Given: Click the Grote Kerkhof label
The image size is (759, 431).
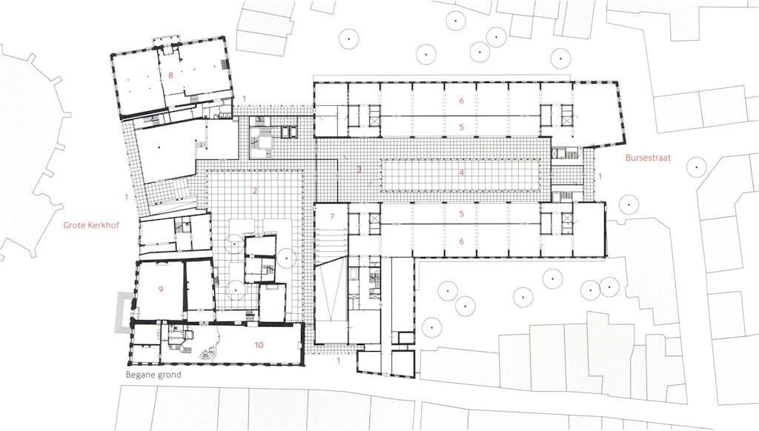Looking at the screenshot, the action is (91, 225).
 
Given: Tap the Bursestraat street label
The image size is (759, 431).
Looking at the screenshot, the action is (648, 158).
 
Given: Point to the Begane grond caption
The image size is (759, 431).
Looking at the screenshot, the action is (153, 375).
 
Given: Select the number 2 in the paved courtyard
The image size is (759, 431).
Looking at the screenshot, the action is (255, 191).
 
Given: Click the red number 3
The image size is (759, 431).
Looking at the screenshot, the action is (359, 170).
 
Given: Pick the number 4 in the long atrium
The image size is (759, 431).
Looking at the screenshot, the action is (462, 173).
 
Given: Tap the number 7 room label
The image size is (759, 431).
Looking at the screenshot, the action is (332, 216).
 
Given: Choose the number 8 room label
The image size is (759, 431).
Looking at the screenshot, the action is (170, 75).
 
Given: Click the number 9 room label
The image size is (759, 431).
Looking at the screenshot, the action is (161, 290).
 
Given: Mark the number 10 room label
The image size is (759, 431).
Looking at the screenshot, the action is (259, 345).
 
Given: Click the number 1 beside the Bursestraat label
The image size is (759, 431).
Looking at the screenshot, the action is (600, 176).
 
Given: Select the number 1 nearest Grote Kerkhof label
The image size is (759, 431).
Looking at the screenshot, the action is (126, 197).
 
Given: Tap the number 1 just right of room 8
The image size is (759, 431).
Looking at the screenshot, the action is (245, 99).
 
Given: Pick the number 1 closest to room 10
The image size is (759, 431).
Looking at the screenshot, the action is (338, 361).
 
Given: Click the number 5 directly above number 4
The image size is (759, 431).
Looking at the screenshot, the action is (462, 127).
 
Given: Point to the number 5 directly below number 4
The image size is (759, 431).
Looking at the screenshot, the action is (462, 214).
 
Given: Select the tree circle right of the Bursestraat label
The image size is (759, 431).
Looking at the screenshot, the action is (697, 167).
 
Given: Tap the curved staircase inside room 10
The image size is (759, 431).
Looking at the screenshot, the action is (209, 353).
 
